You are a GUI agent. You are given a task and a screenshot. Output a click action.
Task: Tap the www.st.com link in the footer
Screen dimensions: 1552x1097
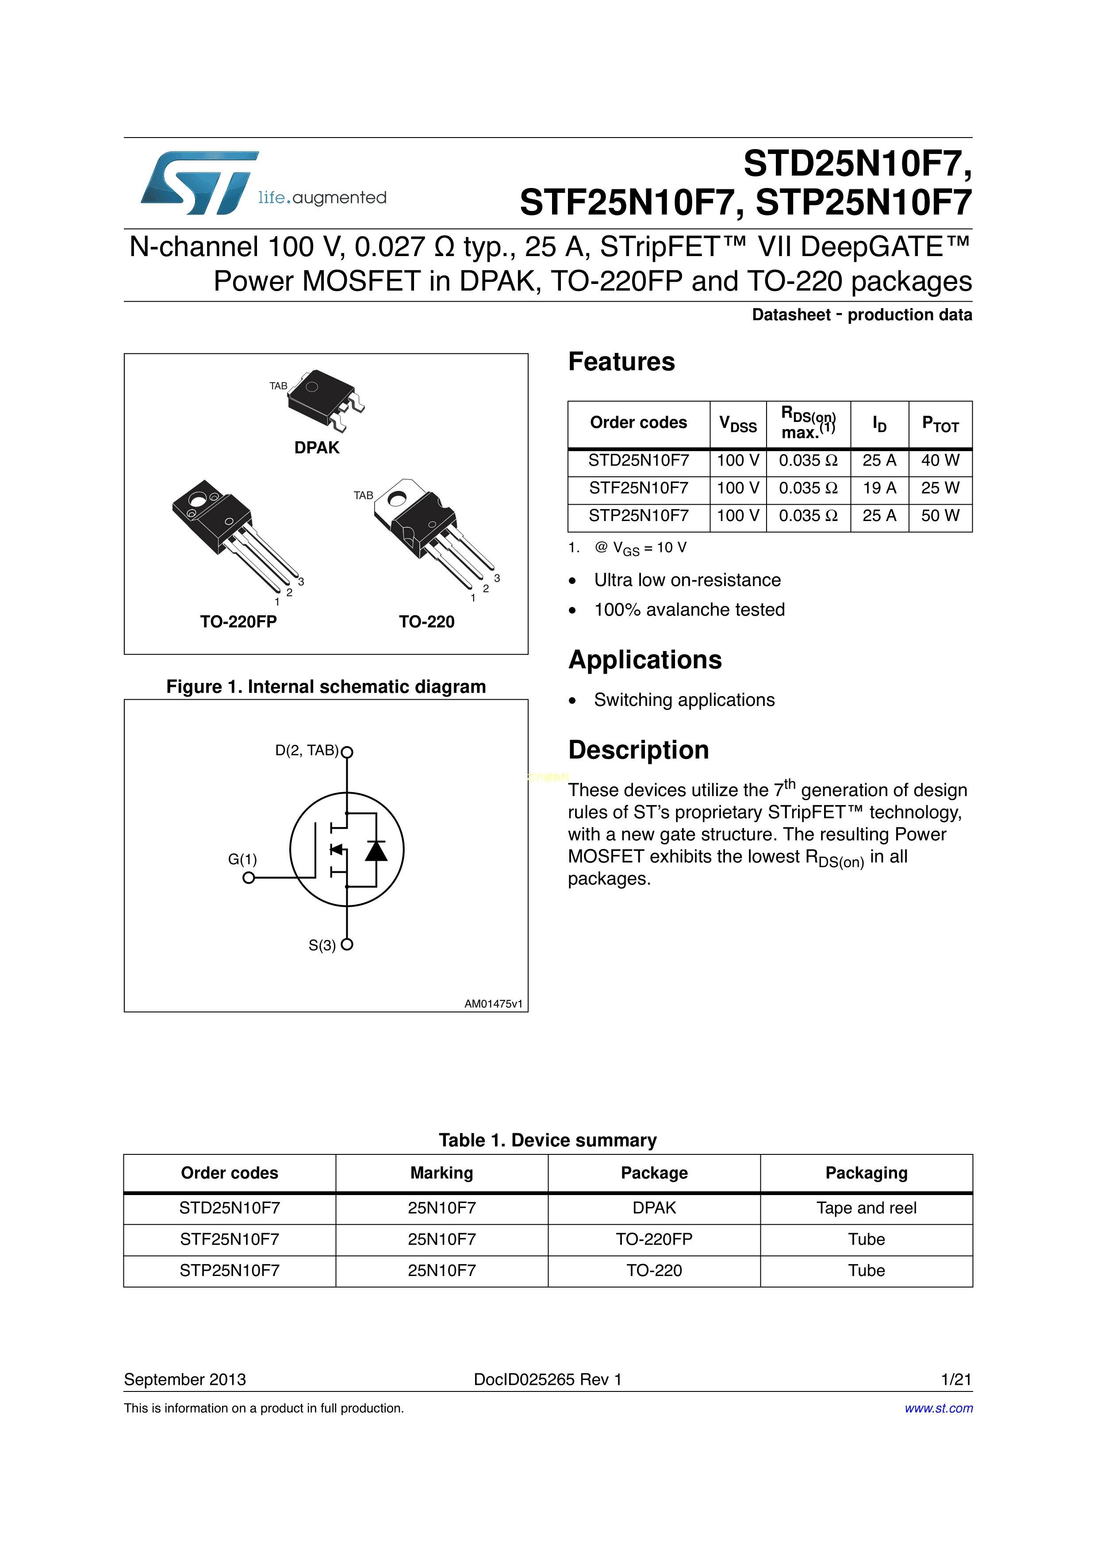pos(938,1408)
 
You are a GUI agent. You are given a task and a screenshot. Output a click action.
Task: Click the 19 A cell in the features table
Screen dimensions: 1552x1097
pos(878,488)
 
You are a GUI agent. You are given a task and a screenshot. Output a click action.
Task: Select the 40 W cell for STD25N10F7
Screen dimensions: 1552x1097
pos(940,460)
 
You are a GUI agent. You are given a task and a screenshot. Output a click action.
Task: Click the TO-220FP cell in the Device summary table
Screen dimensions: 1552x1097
pos(654,1239)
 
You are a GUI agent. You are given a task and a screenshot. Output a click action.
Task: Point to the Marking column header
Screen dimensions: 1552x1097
pos(441,1173)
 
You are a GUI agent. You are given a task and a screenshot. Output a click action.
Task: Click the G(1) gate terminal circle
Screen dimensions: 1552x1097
pos(249,878)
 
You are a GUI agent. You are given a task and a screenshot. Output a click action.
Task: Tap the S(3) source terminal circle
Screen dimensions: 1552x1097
pos(347,944)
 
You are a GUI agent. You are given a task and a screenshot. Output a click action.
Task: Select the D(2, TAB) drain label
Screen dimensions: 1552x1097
pos(307,750)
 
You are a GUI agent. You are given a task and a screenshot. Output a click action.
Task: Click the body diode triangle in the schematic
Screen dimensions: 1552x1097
pos(376,851)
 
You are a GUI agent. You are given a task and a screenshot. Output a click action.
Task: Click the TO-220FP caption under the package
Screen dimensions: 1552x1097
pos(238,622)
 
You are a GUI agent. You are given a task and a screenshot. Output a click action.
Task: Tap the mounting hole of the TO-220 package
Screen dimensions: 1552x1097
pos(397,499)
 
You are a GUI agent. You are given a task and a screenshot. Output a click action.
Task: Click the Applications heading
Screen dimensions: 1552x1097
pos(645,660)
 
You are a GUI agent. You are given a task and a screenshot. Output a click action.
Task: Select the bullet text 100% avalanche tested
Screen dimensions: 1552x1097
pos(689,610)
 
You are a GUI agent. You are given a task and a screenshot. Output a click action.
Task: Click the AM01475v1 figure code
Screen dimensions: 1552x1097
pos(493,1004)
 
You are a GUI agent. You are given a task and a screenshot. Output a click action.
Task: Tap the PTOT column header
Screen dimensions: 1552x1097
pos(940,425)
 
